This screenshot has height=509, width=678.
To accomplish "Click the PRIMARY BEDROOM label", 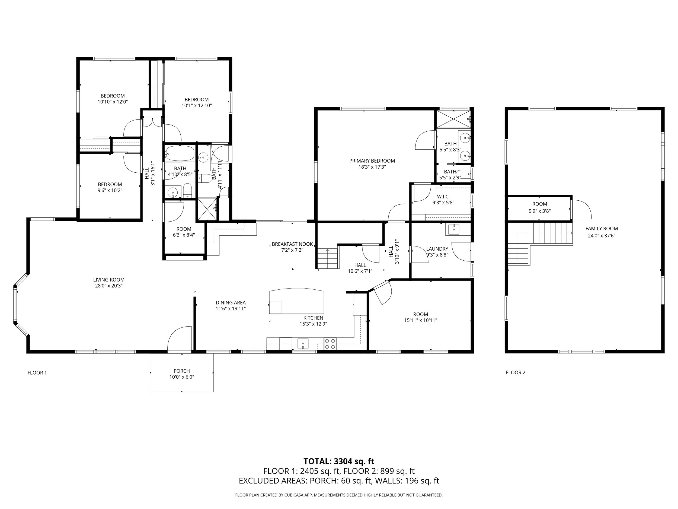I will pyautogui.click(x=372, y=161).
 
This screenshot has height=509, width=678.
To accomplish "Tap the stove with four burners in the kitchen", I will pyautogui.click(x=330, y=344).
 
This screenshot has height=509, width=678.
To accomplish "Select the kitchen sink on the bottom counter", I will pyautogui.click(x=303, y=343).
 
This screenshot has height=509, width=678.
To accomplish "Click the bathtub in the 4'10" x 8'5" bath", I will pyautogui.click(x=180, y=153).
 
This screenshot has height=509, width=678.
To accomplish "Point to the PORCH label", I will pyautogui.click(x=181, y=371).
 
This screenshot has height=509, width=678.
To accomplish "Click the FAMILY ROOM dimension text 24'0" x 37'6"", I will pyautogui.click(x=601, y=236).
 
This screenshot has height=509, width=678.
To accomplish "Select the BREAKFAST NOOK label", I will pyautogui.click(x=292, y=244).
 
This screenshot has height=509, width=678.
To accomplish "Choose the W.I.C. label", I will pyautogui.click(x=443, y=196).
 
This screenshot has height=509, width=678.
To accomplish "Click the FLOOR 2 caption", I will pyautogui.click(x=515, y=372).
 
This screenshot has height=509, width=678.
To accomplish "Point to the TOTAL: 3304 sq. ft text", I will pyautogui.click(x=339, y=461).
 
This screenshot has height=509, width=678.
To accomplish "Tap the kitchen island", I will pyautogui.click(x=296, y=301).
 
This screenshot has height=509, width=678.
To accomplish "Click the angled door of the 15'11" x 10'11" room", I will pyautogui.click(x=382, y=293).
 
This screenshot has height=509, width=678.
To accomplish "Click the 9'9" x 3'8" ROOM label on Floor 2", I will pyautogui.click(x=539, y=204).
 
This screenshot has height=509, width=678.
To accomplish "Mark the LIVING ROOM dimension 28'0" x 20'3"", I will pyautogui.click(x=108, y=286).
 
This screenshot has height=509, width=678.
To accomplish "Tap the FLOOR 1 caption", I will pyautogui.click(x=37, y=372).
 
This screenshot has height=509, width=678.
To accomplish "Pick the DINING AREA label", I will pyautogui.click(x=231, y=302).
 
